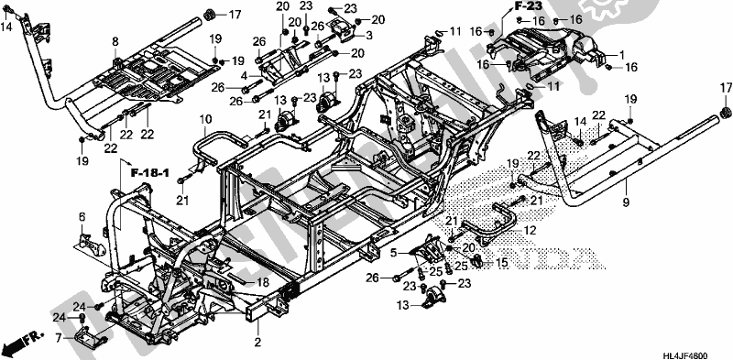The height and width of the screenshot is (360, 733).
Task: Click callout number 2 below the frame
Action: point(257,344)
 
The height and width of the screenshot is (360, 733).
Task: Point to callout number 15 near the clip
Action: point(503,263)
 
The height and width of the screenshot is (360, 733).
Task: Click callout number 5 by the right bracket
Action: point(395,252)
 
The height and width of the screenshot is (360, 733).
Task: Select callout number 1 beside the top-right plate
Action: point(624,54)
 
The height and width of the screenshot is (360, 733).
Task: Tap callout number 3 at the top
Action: point(370,35)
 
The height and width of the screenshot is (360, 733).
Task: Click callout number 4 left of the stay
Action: point(245,74)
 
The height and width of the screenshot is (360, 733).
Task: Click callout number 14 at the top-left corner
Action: point(7,27)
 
